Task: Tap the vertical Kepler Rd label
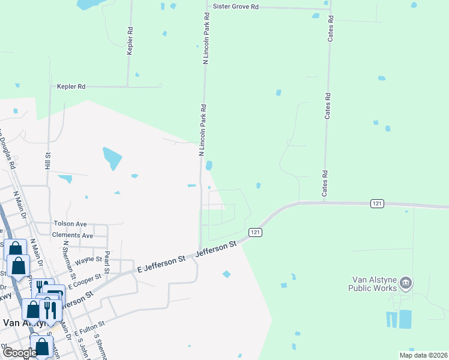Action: [130, 41]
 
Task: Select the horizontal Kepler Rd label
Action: [71, 86]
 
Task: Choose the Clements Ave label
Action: [73, 235]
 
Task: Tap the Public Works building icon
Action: [406, 283]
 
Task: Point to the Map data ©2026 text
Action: [423, 355]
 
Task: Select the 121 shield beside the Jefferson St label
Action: [255, 232]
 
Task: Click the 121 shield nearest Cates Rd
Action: [376, 204]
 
